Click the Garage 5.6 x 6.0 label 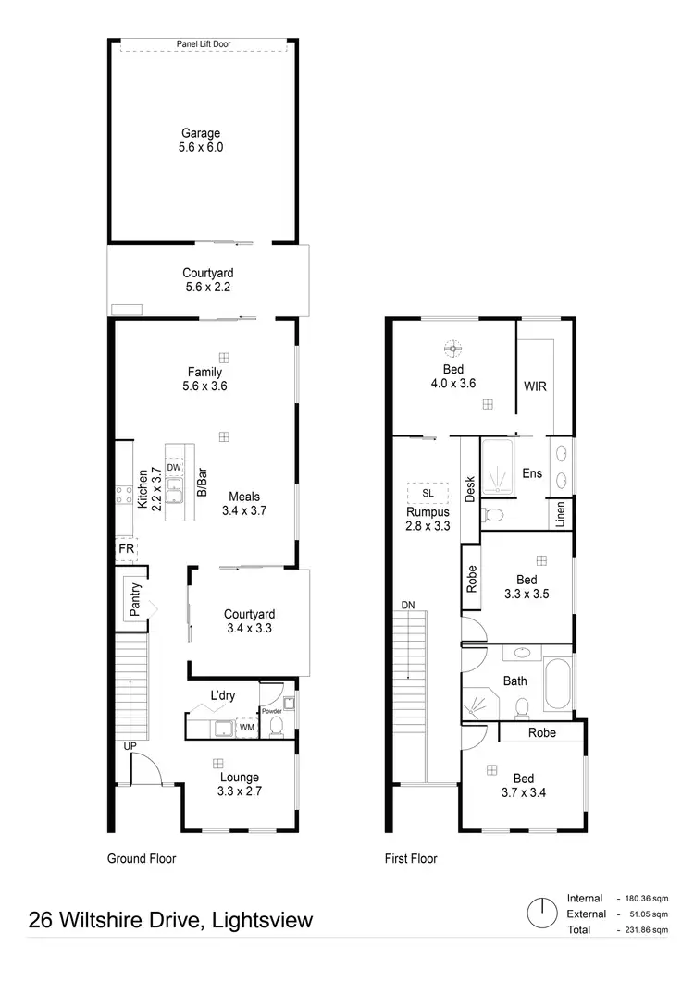201,140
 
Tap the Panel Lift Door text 201,43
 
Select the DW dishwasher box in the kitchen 173,468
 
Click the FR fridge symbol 125,548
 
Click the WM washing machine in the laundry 247,729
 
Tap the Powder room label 271,711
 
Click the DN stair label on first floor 408,605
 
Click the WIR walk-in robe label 535,386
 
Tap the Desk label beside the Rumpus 470,488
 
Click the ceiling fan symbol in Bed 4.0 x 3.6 452,349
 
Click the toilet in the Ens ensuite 495,513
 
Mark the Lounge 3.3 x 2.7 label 238,784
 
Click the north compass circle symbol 538,914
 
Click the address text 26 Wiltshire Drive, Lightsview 171,920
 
